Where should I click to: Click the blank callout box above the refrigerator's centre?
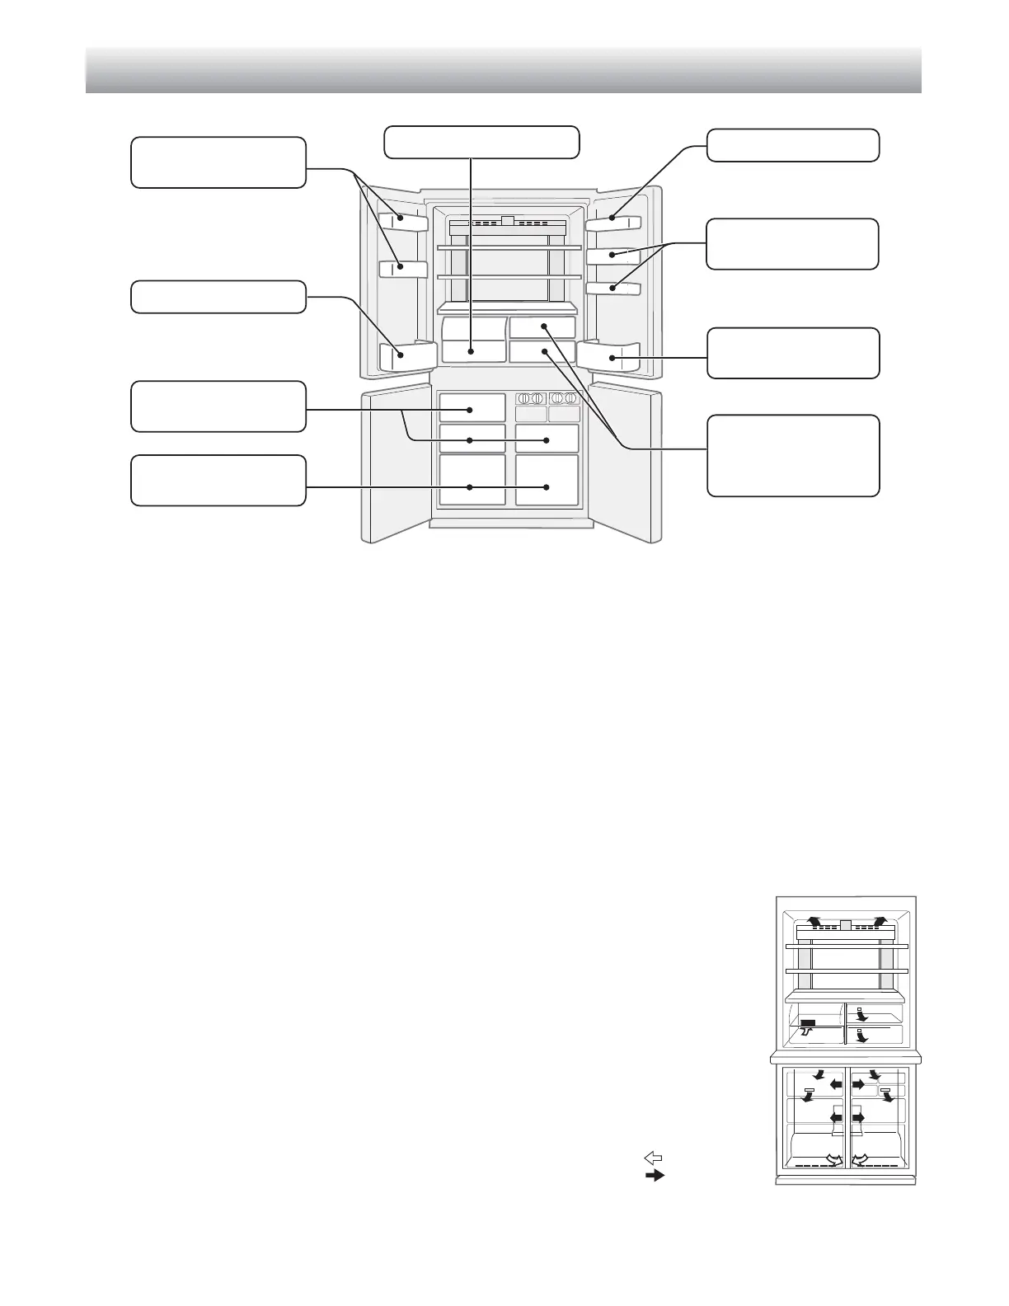(481, 142)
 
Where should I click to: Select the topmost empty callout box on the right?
(793, 145)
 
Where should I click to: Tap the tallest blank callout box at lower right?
(793, 455)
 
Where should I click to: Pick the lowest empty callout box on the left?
(218, 480)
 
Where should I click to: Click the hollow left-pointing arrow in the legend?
(654, 1158)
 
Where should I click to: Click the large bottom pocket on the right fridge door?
(608, 356)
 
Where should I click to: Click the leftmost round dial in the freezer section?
(524, 398)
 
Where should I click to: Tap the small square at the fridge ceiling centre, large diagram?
(508, 221)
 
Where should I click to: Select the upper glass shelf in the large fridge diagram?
(509, 247)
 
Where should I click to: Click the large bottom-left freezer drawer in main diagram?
(472, 480)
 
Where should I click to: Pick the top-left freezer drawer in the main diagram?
(472, 408)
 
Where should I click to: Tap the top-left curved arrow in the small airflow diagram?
(813, 921)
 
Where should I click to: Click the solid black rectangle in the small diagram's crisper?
(808, 1022)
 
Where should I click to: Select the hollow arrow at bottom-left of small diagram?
(834, 1160)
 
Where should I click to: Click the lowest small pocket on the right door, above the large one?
(613, 288)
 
